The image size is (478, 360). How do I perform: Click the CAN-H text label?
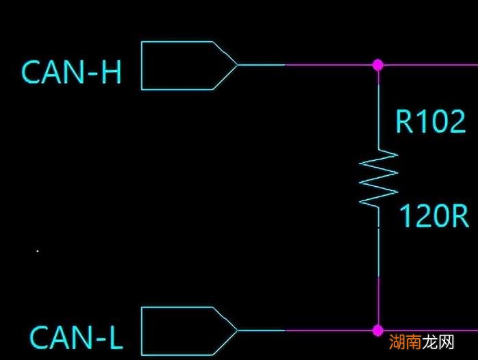(71, 72)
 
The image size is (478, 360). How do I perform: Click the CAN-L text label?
(76, 337)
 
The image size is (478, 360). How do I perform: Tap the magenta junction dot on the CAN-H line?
(377, 65)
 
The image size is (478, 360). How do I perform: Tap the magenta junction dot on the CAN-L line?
(377, 331)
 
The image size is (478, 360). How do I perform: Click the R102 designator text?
(430, 121)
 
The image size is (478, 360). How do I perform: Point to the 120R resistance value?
(433, 216)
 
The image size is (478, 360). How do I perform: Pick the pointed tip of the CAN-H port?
(236, 66)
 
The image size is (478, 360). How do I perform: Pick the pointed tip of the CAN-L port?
(236, 331)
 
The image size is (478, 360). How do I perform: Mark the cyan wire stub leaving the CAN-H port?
(261, 65)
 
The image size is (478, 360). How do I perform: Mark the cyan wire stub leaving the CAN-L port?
(261, 331)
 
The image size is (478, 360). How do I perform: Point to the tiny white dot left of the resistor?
(37, 251)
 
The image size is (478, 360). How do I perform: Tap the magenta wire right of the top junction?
(428, 65)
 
